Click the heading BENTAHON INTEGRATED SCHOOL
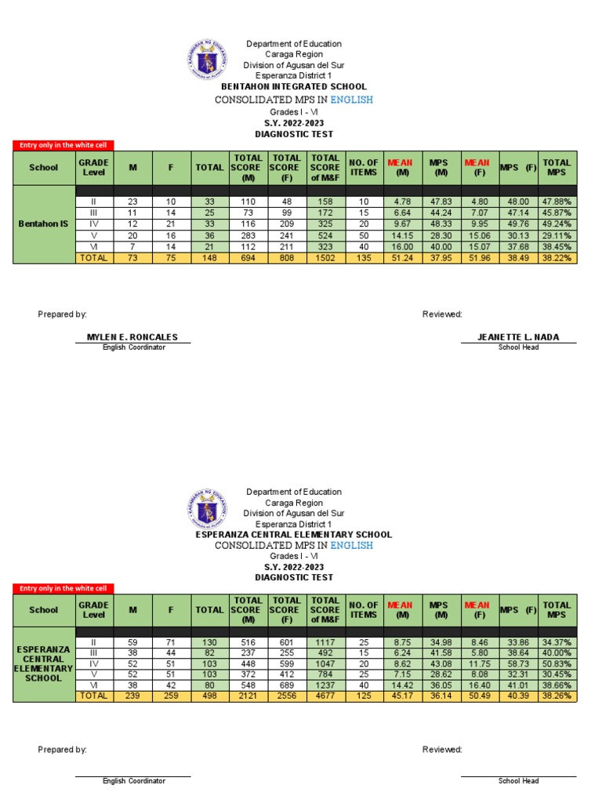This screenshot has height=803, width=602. [293, 86]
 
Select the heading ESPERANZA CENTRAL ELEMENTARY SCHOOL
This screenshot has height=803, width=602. [293, 535]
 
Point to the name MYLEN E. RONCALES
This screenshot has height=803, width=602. [132, 337]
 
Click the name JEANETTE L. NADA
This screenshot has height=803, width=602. [518, 337]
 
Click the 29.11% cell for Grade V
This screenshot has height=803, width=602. [557, 234]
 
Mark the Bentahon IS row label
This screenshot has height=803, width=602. [43, 224]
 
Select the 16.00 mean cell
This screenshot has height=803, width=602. [403, 246]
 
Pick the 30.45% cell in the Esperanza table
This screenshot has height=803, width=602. [557, 674]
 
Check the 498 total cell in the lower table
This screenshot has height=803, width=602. [209, 697]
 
